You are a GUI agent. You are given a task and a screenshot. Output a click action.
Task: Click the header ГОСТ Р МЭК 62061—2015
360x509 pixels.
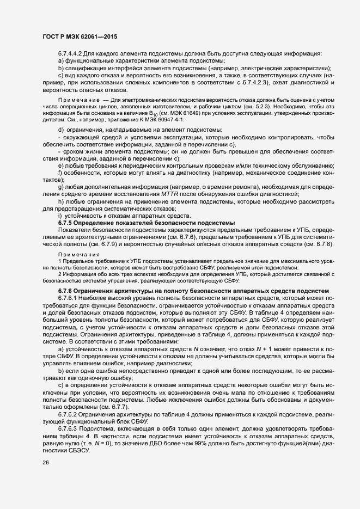(80, 36)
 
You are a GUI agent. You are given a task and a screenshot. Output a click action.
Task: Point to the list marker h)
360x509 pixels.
(61, 202)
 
